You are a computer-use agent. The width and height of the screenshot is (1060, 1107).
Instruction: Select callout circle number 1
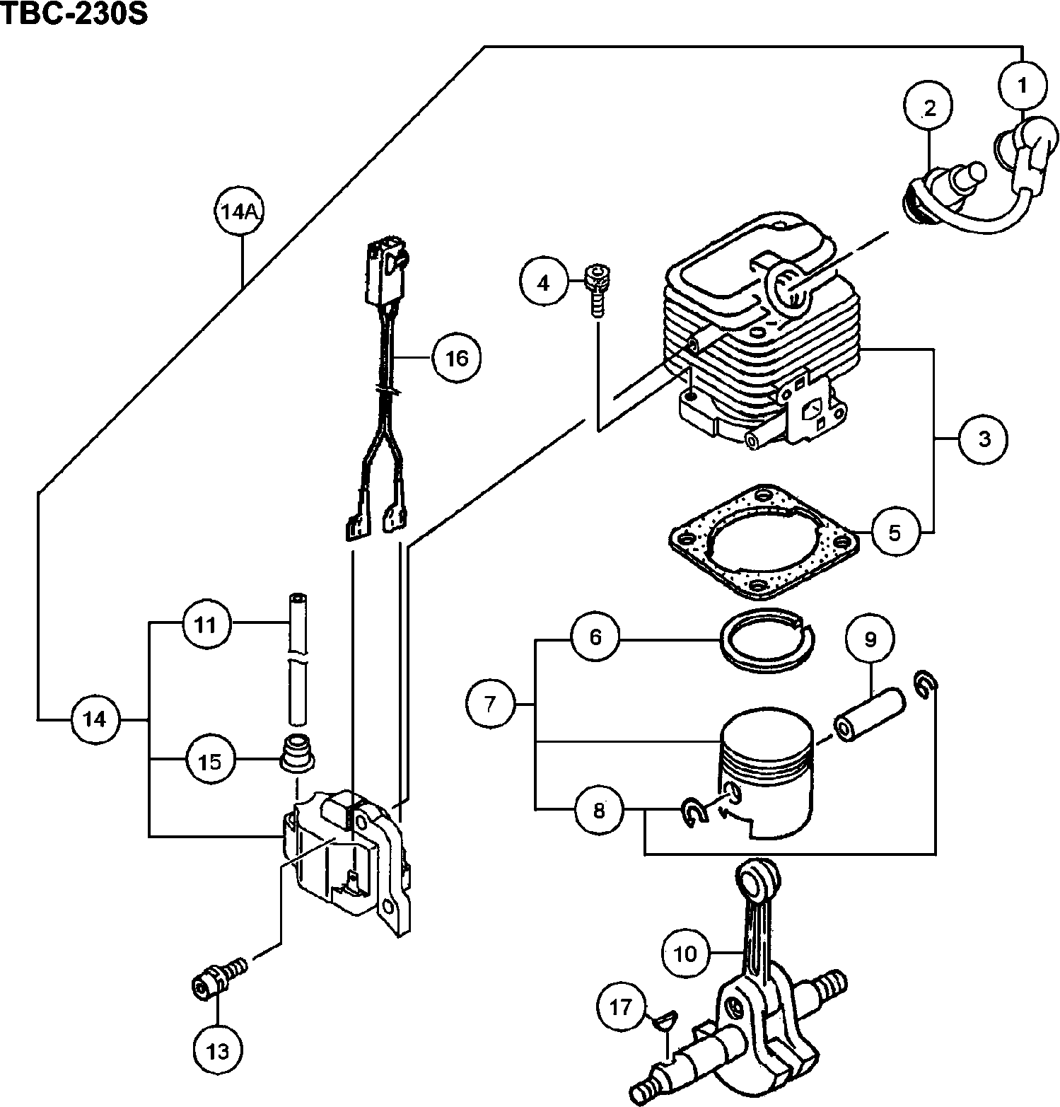(1023, 86)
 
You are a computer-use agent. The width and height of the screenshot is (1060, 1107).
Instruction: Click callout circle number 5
(895, 532)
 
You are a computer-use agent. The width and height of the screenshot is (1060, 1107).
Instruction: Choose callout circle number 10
(685, 954)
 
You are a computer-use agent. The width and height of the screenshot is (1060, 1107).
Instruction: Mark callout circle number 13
(219, 1051)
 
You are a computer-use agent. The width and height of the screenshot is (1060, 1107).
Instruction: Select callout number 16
(457, 358)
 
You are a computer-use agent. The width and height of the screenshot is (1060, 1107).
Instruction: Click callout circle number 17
(620, 1007)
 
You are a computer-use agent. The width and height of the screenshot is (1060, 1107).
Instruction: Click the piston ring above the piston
(767, 641)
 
